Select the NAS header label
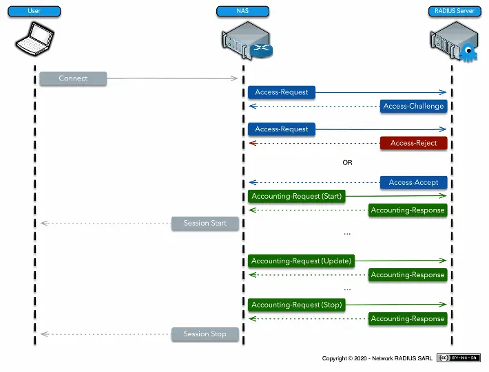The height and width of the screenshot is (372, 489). (242, 11)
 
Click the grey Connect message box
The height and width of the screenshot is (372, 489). (73, 78)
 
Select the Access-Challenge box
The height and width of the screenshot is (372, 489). (414, 106)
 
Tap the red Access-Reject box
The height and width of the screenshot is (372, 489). (414, 143)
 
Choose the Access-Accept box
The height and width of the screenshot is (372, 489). (414, 182)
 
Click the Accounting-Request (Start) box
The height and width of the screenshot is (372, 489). (296, 196)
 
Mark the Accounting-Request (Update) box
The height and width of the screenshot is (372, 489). (301, 261)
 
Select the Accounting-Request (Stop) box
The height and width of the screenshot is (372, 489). (296, 305)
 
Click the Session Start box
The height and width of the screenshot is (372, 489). (205, 223)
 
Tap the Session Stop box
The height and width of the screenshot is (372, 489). (205, 334)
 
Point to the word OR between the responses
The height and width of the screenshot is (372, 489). (347, 163)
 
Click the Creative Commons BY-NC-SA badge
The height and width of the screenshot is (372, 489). (458, 358)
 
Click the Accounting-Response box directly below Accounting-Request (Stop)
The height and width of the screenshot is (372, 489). (408, 318)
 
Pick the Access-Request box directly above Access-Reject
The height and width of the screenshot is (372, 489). (281, 129)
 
